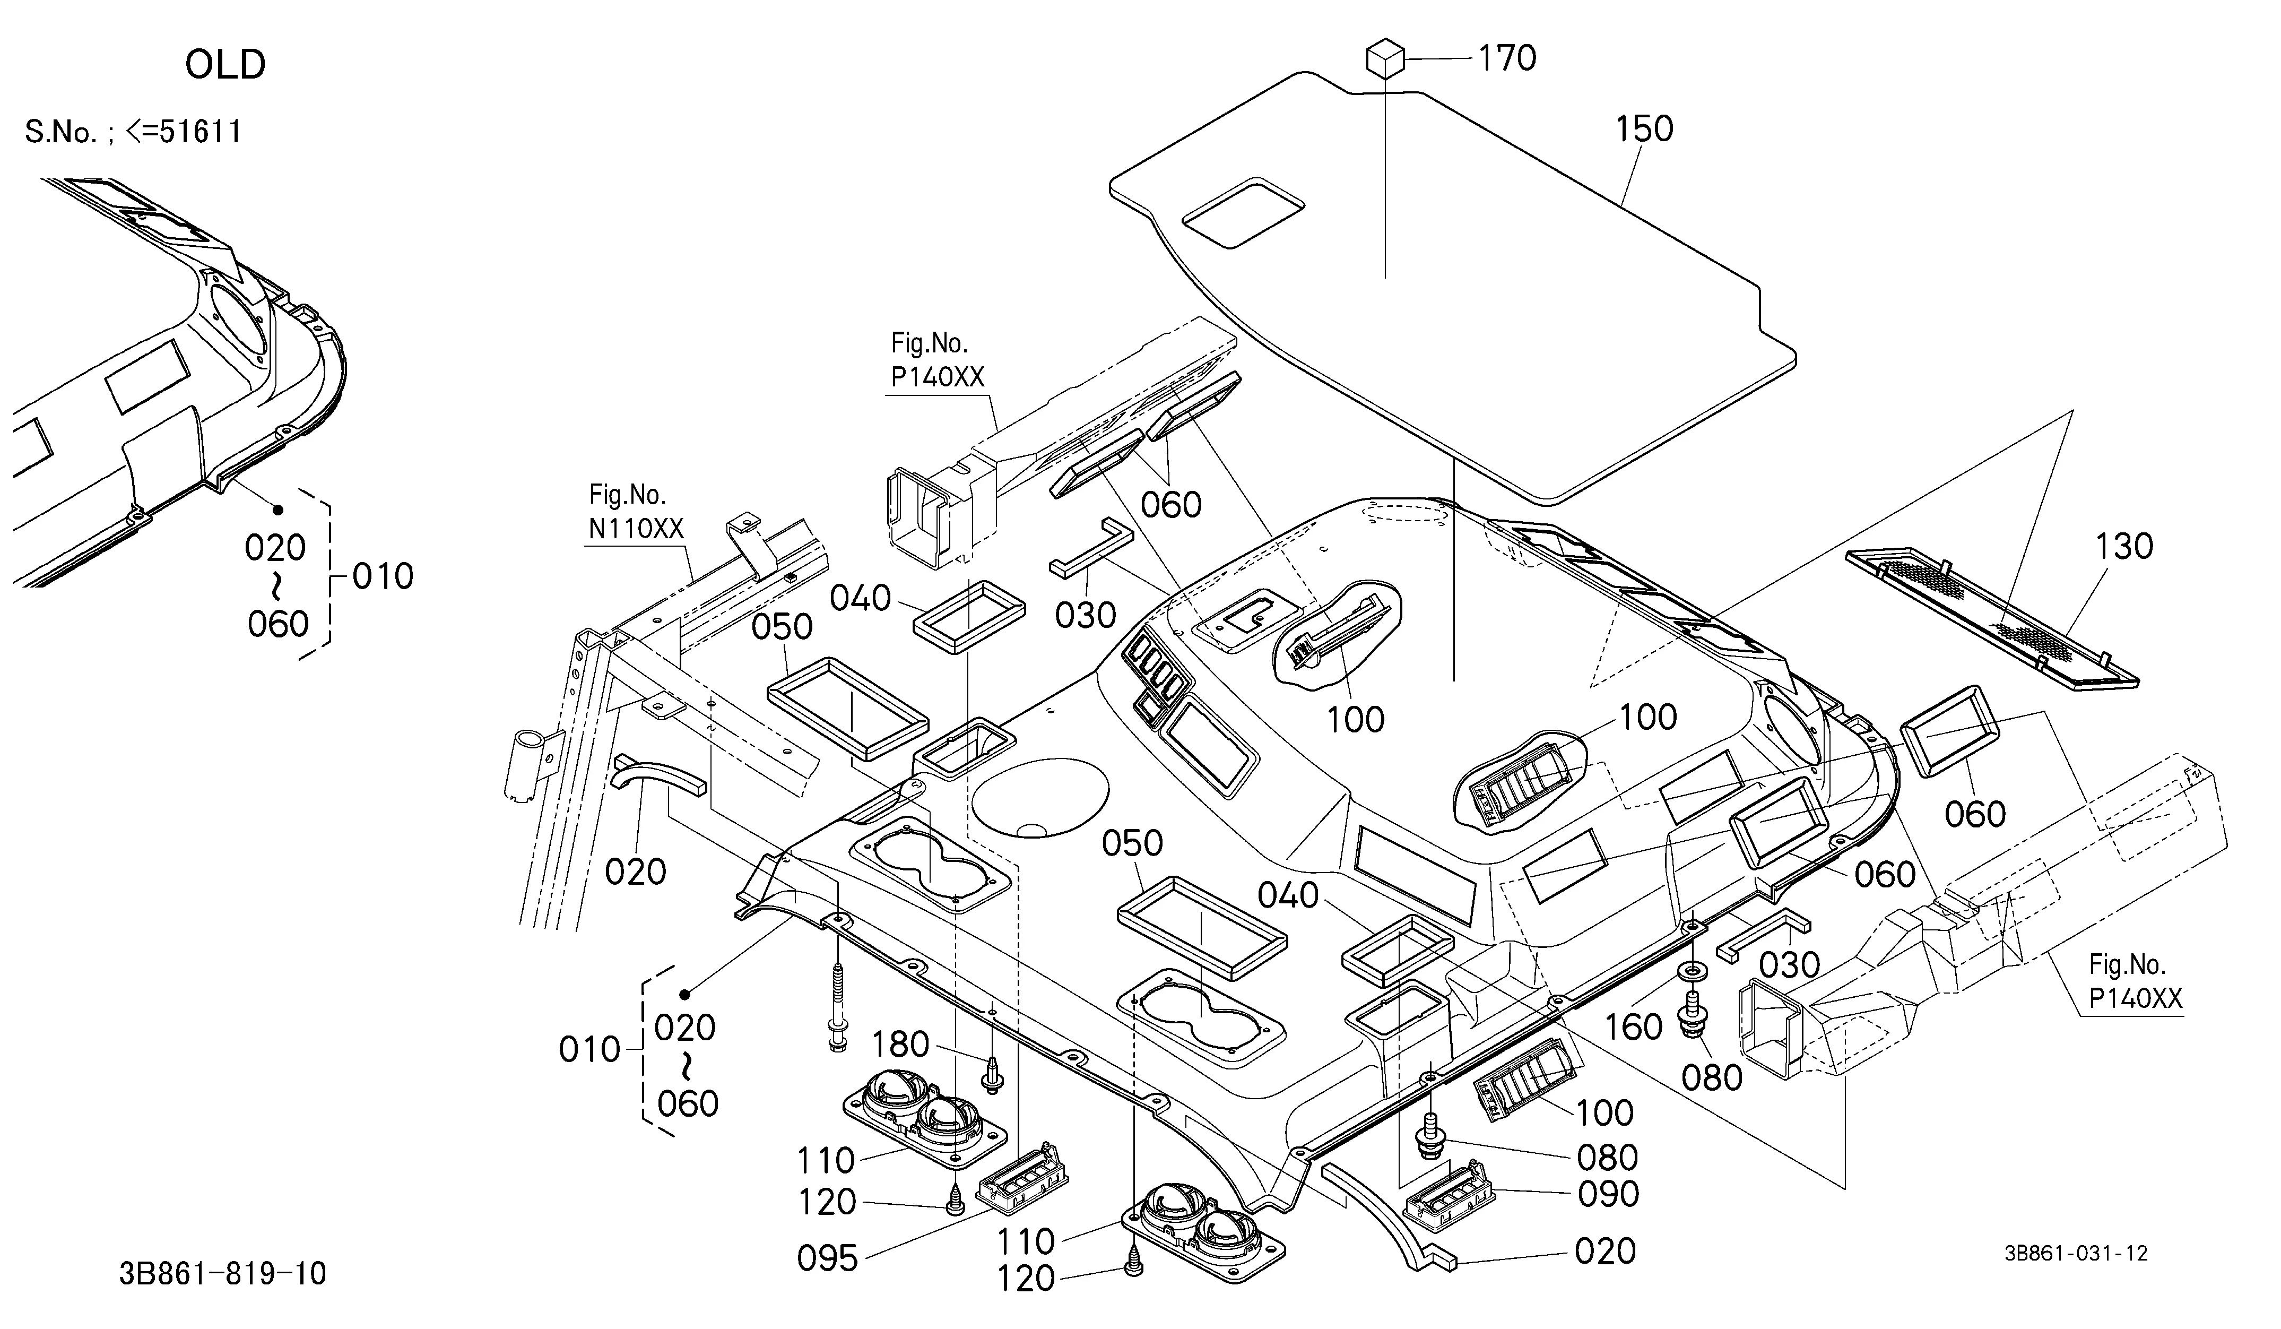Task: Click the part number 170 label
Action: (x=1507, y=58)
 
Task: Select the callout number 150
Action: (x=1644, y=130)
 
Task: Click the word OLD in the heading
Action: (x=226, y=64)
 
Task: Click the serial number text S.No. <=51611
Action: (x=133, y=132)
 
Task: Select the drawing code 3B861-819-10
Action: (x=223, y=1274)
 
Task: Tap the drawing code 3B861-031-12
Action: (x=2076, y=1253)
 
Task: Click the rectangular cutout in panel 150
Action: (x=1244, y=213)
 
